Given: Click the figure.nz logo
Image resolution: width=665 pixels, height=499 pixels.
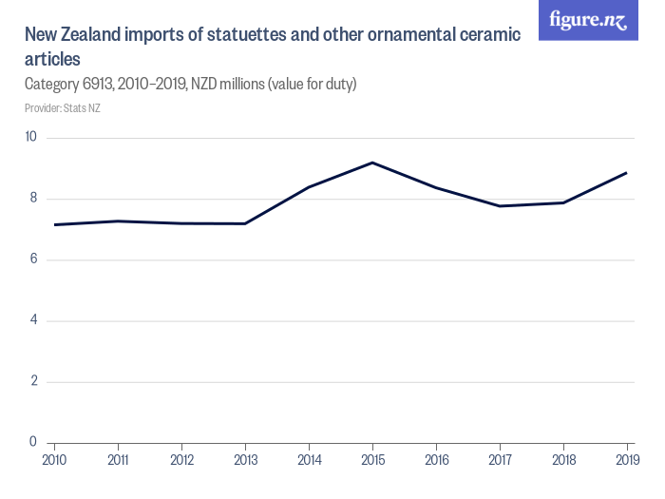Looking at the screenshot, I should pyautogui.click(x=588, y=20).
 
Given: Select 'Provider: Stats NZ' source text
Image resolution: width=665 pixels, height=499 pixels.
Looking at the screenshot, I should pyautogui.click(x=62, y=107).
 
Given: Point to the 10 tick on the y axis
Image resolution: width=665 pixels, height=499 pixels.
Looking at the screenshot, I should pyautogui.click(x=30, y=137).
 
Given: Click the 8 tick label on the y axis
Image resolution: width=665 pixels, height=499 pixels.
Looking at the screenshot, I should pyautogui.click(x=32, y=198).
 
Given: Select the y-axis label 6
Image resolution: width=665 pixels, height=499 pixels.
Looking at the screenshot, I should pyautogui.click(x=32, y=259).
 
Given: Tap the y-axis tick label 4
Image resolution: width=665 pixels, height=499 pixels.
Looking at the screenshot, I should pyautogui.click(x=32, y=320).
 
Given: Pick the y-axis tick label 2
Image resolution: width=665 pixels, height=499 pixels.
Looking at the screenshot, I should pyautogui.click(x=32, y=381).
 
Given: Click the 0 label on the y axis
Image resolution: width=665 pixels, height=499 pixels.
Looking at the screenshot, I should pyautogui.click(x=32, y=442).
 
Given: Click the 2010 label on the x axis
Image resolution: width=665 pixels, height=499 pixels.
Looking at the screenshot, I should pyautogui.click(x=54, y=460).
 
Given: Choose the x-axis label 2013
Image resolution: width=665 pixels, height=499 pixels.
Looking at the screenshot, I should pyautogui.click(x=245, y=460).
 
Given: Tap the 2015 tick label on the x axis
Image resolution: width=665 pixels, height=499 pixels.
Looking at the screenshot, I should pyautogui.click(x=372, y=460).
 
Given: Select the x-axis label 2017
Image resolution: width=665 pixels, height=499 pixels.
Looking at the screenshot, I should pyautogui.click(x=500, y=460).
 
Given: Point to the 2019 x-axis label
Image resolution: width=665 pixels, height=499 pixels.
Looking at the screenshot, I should pyautogui.click(x=626, y=460).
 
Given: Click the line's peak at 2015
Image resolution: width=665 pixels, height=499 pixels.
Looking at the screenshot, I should pyautogui.click(x=372, y=163).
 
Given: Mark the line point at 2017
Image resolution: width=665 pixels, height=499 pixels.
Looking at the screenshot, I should pyautogui.click(x=500, y=206).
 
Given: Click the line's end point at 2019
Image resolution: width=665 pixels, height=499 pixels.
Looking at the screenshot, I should pyautogui.click(x=627, y=173).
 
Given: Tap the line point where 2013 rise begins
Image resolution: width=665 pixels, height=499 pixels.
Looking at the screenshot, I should pyautogui.click(x=245, y=223).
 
